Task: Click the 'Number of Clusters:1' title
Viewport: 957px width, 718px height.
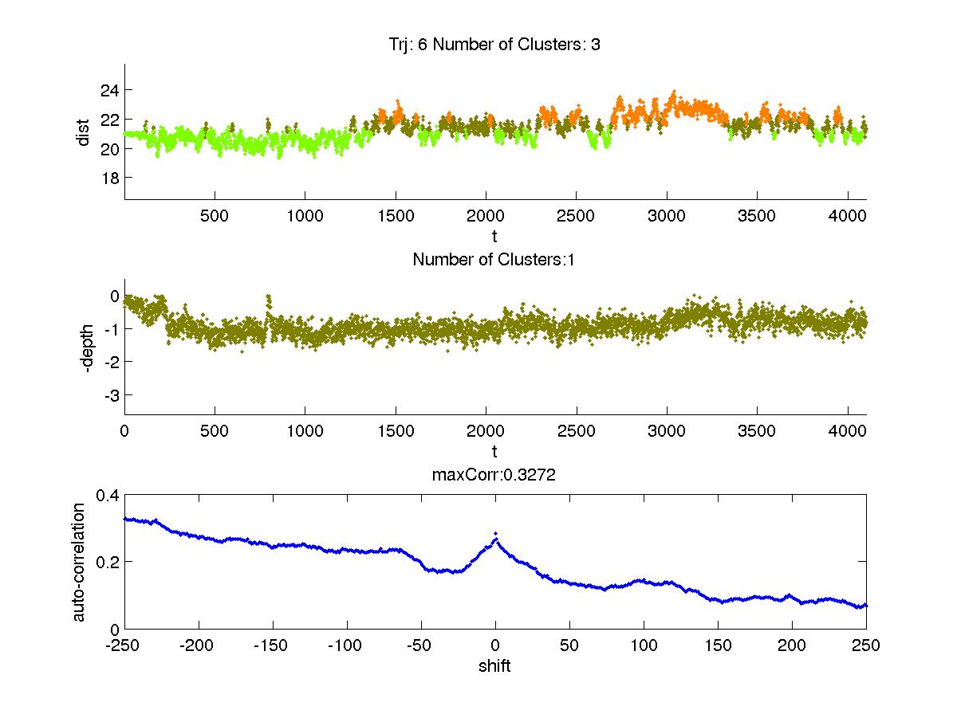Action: click(x=494, y=259)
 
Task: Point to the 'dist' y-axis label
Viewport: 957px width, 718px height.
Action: click(x=82, y=132)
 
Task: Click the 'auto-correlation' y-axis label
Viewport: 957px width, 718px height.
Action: click(x=79, y=562)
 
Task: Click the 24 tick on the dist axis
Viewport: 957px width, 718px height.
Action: click(x=110, y=90)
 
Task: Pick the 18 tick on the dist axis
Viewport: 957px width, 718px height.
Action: click(x=110, y=177)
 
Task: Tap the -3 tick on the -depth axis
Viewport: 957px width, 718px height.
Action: click(x=110, y=395)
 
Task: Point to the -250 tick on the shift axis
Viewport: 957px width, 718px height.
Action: click(x=124, y=645)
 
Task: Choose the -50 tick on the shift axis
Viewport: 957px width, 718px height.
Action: click(x=421, y=645)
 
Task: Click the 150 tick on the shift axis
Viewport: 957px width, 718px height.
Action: click(x=718, y=645)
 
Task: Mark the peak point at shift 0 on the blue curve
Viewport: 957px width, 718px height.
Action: click(x=495, y=533)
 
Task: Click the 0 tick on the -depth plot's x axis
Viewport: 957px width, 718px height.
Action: click(x=124, y=431)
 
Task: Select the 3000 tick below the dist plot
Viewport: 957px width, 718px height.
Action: click(x=667, y=216)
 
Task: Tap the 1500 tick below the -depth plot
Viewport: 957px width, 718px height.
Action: click(x=396, y=431)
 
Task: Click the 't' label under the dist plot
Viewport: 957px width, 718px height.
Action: click(x=494, y=236)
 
